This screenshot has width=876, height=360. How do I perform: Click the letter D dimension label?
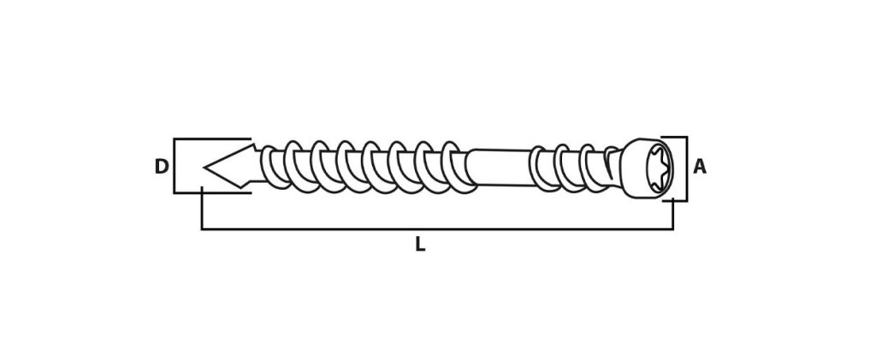(x=161, y=167)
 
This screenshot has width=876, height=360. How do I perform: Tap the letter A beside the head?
(x=700, y=167)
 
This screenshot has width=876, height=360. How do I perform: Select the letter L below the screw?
(x=420, y=244)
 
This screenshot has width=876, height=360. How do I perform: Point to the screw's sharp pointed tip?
(x=204, y=167)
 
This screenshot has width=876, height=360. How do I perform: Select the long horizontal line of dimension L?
(x=437, y=229)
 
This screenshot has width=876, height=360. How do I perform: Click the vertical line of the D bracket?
(x=175, y=166)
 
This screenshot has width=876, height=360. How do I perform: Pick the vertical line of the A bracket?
(x=685, y=168)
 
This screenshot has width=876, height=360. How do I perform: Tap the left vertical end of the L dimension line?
(x=202, y=209)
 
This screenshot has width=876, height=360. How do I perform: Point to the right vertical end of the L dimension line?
(x=673, y=215)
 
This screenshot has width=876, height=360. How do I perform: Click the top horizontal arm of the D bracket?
(x=212, y=139)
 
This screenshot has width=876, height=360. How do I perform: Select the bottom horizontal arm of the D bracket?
(x=212, y=192)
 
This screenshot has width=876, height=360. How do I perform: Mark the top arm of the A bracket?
(x=674, y=138)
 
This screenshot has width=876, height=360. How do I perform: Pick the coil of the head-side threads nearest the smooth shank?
(x=538, y=167)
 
